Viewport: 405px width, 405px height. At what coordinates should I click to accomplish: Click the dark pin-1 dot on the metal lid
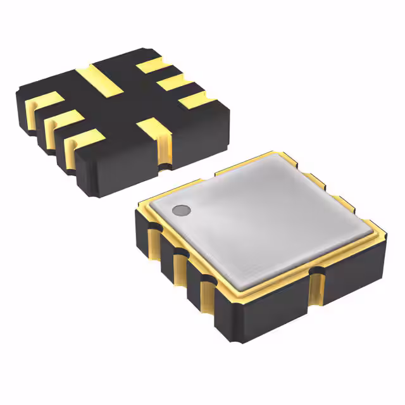point(181,209)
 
